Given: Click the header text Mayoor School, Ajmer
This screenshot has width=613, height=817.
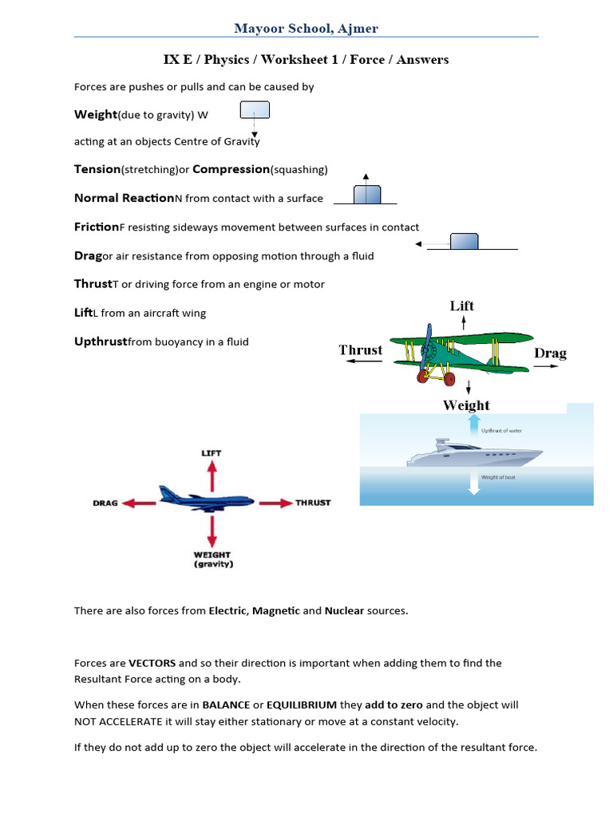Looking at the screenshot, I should [306, 29].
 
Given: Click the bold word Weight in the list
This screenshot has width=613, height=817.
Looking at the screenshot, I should [95, 114].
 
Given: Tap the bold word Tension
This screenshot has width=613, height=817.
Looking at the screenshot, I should [97, 169].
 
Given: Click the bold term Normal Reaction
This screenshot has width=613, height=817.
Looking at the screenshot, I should [124, 198].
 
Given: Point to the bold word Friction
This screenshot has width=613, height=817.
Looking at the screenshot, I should [96, 227].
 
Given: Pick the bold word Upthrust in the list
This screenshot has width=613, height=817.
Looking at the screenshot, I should [101, 341].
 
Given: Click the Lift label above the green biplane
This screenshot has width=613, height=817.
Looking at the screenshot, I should [461, 306].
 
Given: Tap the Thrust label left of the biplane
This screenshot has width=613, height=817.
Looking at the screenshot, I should [360, 350].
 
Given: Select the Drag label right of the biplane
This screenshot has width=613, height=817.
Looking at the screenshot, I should [550, 353].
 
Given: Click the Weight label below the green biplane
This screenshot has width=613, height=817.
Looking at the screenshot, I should [466, 405].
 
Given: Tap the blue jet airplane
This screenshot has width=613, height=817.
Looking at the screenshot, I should [205, 498].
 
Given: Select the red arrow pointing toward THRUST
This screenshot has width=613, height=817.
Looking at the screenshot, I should [275, 503].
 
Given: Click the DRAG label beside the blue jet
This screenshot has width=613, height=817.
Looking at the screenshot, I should [105, 503].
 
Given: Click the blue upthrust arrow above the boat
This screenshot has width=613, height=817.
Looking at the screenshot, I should [474, 424].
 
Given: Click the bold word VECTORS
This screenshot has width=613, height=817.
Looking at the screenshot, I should [152, 663].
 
